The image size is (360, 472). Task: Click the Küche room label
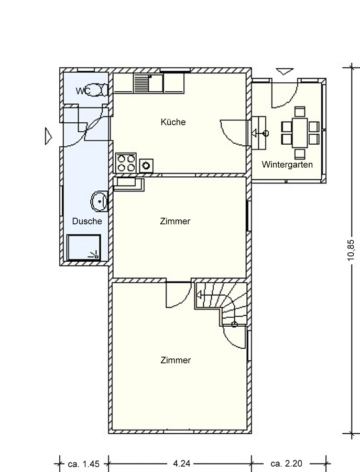point(173,122)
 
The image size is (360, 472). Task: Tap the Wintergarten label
point(287,165)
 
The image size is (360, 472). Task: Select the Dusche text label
point(87,221)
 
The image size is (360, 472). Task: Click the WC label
point(82,91)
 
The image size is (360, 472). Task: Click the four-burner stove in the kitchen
point(126,163)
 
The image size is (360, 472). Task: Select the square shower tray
point(83,248)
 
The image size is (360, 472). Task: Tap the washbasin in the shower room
point(99,201)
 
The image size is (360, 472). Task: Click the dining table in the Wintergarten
point(300,133)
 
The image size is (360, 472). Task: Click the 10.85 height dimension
point(351,250)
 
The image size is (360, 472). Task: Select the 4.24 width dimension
point(181,464)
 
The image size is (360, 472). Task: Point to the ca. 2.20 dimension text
point(286,464)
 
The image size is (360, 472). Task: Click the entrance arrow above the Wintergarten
point(285,72)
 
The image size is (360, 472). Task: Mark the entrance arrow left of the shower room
point(48,136)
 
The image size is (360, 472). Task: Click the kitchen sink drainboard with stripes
point(141,84)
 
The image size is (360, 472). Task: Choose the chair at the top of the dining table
point(300,111)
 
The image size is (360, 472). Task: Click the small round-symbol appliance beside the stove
point(147,166)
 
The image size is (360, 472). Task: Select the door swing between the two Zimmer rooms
point(179,295)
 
